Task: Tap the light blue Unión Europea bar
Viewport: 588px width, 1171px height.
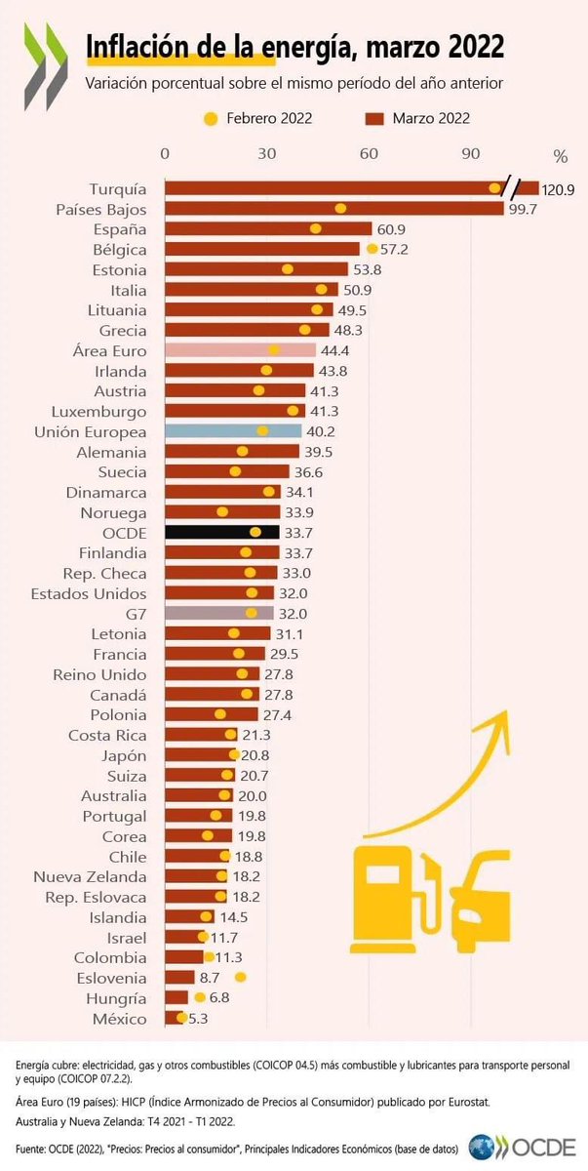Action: coord(233,431)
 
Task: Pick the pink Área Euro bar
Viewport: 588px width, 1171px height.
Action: coord(240,350)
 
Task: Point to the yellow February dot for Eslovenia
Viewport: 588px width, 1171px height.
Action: coord(240,977)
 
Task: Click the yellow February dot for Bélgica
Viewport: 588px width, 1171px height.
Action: coord(372,249)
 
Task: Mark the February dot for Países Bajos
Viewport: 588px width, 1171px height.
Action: coord(340,208)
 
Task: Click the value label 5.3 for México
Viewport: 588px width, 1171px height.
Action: coord(198,1019)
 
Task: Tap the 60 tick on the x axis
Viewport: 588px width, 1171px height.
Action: coord(369,154)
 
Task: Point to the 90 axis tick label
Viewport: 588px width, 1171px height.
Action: coord(470,154)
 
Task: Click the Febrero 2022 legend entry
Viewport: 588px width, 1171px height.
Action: coord(257,119)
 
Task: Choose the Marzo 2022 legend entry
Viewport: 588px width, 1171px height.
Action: coord(418,119)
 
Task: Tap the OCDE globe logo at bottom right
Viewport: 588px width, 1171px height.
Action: coord(482,1147)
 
